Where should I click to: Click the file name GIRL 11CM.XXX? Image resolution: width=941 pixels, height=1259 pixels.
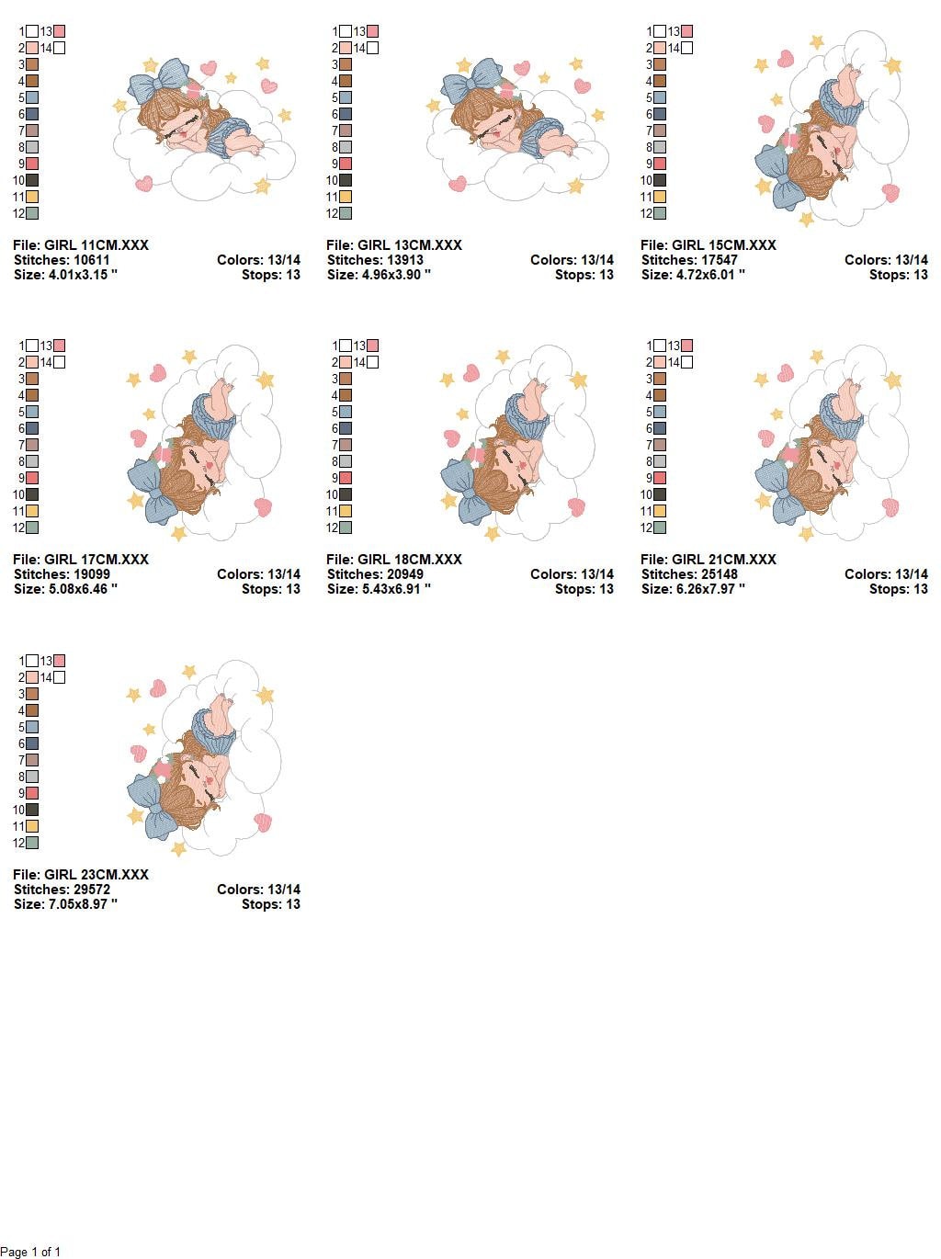pos(81,245)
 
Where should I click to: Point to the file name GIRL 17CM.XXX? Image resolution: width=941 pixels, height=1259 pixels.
pos(81,560)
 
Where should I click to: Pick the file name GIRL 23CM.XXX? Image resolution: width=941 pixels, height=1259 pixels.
pos(81,875)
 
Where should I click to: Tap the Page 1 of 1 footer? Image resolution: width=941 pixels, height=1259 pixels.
pos(30,1252)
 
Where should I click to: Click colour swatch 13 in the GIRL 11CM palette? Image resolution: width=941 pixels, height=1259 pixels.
pos(60,32)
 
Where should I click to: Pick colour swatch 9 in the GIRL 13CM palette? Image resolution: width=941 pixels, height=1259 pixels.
pos(346,164)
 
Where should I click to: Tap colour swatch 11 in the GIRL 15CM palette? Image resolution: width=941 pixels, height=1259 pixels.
pos(660,198)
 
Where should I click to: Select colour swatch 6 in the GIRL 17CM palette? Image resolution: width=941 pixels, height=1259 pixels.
pos(32,429)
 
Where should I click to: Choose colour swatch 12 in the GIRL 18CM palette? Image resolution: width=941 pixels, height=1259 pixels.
pos(346,528)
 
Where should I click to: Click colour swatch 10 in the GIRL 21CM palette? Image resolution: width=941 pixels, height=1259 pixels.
pos(660,495)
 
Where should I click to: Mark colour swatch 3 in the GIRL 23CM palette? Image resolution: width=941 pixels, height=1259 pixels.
pos(32,695)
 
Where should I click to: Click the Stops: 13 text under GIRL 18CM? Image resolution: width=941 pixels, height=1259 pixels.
pos(584,589)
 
